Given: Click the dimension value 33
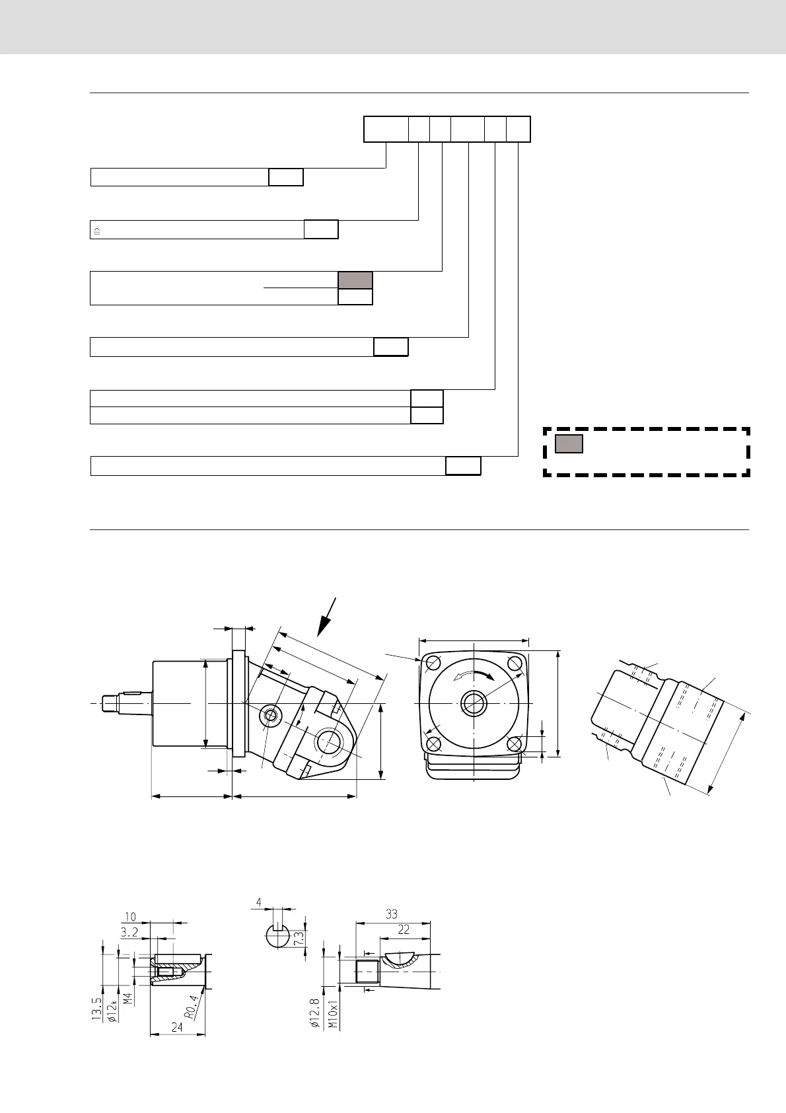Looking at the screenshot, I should click(392, 914).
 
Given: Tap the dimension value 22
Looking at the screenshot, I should click(404, 929).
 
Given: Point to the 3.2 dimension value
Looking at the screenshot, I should click(129, 932).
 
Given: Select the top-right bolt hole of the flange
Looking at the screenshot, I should click(516, 663).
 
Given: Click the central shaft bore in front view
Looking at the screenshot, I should click(474, 703).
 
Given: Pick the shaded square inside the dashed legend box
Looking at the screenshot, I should click(569, 443).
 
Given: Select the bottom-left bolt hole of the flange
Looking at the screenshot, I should click(433, 744).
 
